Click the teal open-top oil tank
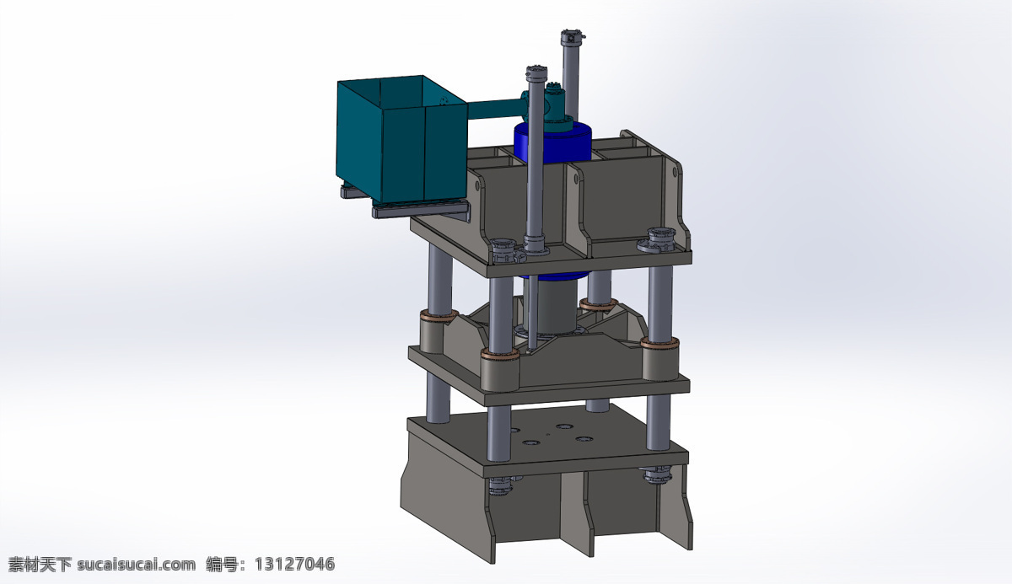[401, 140]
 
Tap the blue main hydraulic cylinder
[553, 143]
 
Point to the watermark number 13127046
[294, 564]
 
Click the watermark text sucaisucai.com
[136, 565]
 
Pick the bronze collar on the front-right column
[659, 343]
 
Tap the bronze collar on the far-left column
[439, 314]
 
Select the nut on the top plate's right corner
[661, 239]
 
